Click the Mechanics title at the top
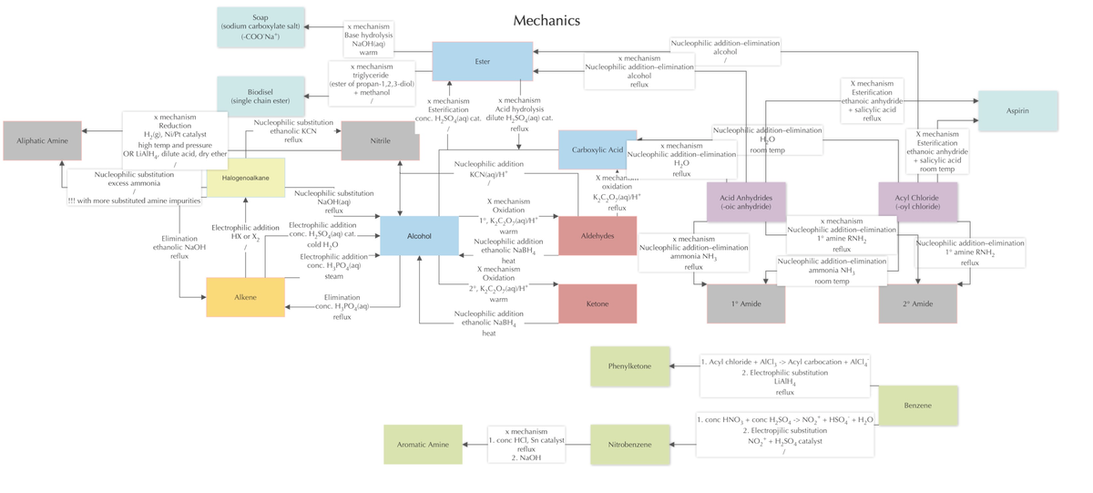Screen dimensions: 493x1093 point(546,20)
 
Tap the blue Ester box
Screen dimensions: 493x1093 point(482,61)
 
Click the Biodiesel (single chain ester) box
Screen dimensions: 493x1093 point(260,96)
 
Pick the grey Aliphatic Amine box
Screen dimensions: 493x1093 point(42,140)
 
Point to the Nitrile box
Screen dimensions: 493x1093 point(380,141)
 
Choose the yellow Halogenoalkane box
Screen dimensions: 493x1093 point(246,177)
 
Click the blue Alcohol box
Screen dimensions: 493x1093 point(419,236)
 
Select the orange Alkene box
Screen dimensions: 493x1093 point(245,297)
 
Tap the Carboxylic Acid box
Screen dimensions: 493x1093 point(598,149)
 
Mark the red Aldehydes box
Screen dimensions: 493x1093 point(598,236)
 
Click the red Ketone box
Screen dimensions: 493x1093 point(598,303)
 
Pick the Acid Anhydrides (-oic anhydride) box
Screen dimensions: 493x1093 point(746,201)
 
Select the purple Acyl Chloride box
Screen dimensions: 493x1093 point(917,201)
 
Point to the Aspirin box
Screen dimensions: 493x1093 point(1017,111)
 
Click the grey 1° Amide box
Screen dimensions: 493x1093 point(745,303)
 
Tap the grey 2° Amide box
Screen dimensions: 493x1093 point(917,303)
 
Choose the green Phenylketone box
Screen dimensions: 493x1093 point(629,366)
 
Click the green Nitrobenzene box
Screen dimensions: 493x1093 point(629,444)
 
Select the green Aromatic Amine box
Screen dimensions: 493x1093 point(423,444)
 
